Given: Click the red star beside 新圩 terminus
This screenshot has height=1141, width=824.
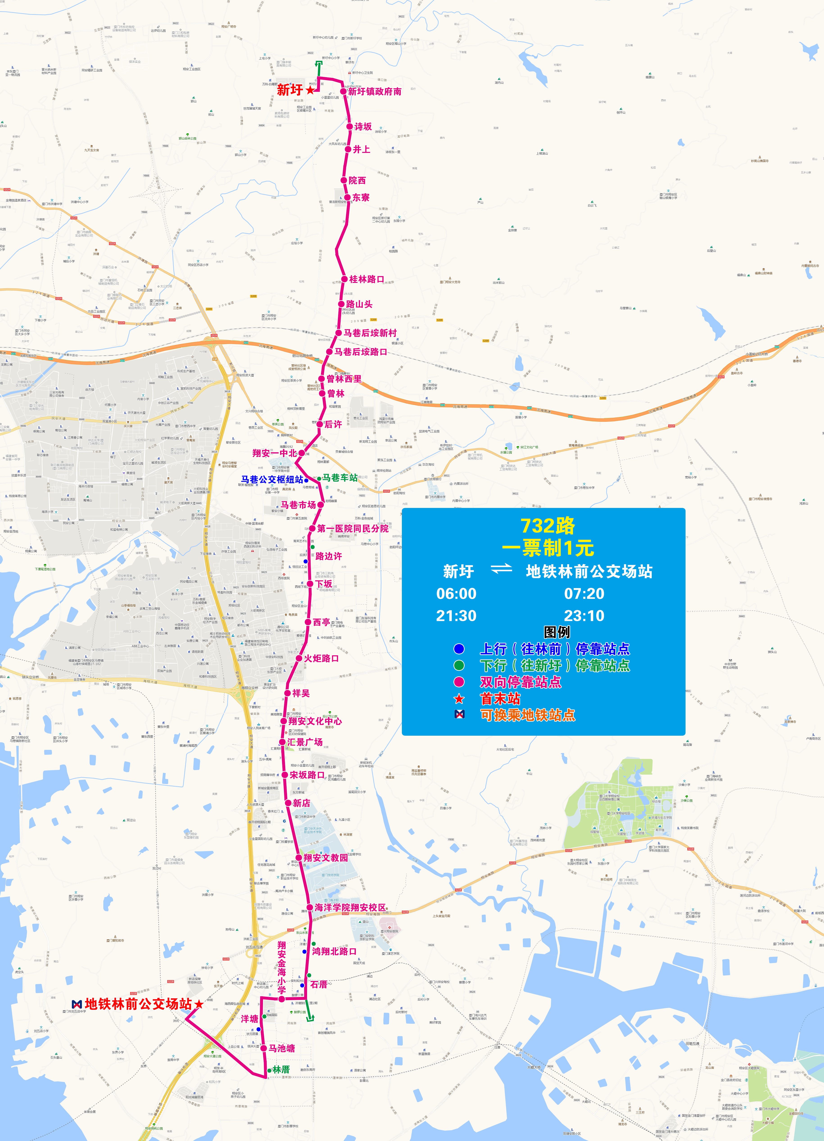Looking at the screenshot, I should tap(310, 90).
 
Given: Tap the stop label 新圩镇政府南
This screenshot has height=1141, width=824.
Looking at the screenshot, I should tap(374, 92).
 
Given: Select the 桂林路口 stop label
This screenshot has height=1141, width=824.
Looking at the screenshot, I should tap(367, 279).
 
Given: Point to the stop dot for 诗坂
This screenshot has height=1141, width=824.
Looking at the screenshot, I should tap(349, 127).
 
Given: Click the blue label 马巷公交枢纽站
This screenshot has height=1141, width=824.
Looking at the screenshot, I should tap(272, 480).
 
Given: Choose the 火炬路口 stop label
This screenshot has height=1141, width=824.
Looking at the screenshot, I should tap(321, 658).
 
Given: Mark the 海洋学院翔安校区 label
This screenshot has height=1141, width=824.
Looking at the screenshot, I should tap(350, 908).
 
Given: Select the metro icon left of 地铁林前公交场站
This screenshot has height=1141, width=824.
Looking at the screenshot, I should tap(77, 1004).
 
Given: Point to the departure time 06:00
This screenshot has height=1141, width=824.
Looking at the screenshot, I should tap(456, 594).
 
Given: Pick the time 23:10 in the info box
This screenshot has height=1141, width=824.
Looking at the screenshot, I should tap(584, 616).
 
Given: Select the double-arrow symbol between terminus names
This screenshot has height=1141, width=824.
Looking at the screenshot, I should tap(501, 569).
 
